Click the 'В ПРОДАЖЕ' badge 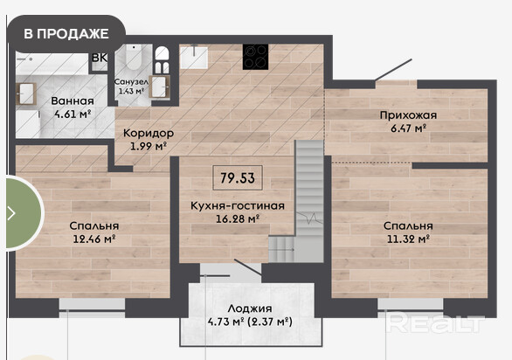click(66, 34)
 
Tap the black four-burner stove click(255, 57)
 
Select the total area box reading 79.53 click(238, 178)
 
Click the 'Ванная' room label click(73, 101)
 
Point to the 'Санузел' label click(131, 81)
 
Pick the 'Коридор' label click(149, 134)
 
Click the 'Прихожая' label click(408, 115)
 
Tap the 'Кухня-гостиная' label click(238, 206)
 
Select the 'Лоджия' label click(250, 308)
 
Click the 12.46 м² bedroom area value click(94, 239)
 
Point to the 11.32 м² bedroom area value click(408, 239)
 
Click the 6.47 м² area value click(409, 128)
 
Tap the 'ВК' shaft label click(100, 58)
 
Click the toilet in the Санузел click(134, 57)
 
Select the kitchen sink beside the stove click(194, 57)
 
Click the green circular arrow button click(23, 213)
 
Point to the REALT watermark click(434, 322)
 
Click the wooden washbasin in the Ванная click(26, 93)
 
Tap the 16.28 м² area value click(238, 218)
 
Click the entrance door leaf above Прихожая click(393, 70)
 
